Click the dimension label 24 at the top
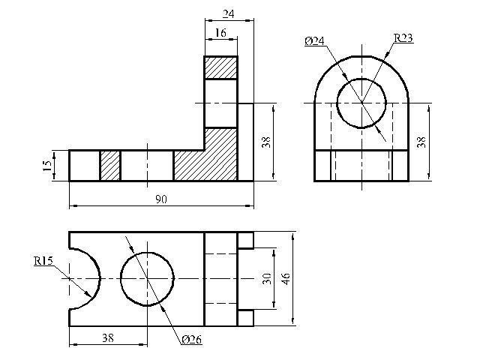pos(228,14)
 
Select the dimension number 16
pos(220,33)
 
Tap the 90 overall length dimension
pos(161,199)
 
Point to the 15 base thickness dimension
pos(47,166)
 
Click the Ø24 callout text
pos(314,41)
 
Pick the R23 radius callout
pos(403,38)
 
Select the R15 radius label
pos(43,261)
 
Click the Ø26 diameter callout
pos(192,340)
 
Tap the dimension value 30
pos(267,278)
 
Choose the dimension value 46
pos(286,278)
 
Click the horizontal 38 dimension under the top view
pos(108,338)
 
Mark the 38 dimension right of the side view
pos(421,142)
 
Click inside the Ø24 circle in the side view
pos(361,103)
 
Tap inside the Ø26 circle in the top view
pos(147,279)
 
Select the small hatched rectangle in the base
pos(110,166)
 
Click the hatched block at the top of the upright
pos(220,67)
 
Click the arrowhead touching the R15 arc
pos(88,295)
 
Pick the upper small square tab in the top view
pos(245,241)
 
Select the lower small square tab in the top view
pos(245,318)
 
